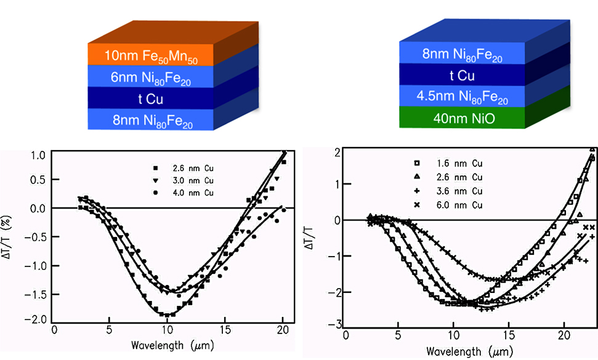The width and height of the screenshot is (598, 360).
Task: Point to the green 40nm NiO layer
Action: (x=461, y=117)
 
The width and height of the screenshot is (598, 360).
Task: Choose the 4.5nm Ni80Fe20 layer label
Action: (x=461, y=97)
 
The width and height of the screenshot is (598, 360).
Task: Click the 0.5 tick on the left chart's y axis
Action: (x=38, y=179)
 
